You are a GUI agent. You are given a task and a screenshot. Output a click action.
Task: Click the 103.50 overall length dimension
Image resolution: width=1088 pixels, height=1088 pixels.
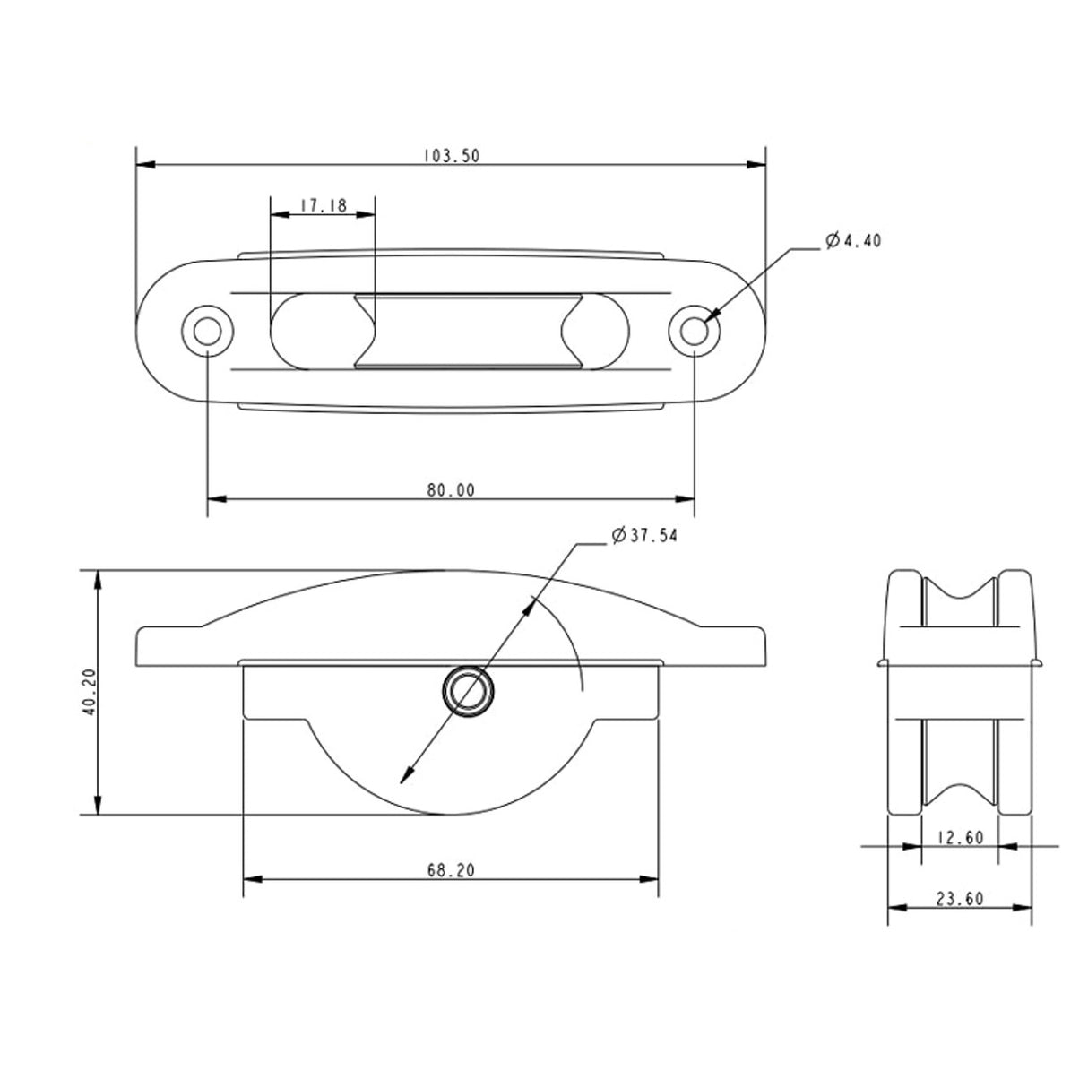pos(452,155)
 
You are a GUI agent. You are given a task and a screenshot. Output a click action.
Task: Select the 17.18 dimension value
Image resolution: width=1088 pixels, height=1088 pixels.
pos(323,205)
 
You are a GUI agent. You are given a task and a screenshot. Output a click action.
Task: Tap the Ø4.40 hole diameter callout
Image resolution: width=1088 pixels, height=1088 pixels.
pos(853,241)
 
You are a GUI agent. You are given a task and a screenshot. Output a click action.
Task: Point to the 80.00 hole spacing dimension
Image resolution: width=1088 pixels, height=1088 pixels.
pos(451,489)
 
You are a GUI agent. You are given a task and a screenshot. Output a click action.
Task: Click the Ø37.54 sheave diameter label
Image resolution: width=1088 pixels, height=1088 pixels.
pos(644,536)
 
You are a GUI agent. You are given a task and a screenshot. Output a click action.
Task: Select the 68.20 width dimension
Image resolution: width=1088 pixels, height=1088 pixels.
pos(451,869)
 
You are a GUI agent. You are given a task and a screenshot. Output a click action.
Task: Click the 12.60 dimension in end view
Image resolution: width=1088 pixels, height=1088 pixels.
pos(959,838)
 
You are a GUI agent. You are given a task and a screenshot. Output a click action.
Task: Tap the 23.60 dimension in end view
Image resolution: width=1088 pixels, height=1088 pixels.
pos(959,899)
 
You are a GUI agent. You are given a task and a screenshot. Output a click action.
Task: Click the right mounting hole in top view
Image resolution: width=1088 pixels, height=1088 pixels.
pos(695,331)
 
